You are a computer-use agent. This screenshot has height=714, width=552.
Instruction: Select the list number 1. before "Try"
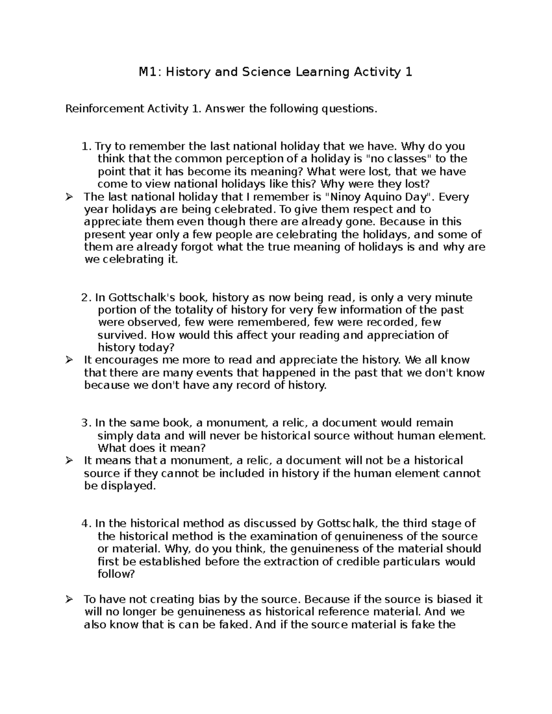(x=86, y=147)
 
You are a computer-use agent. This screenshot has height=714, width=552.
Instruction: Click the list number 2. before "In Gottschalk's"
(x=86, y=297)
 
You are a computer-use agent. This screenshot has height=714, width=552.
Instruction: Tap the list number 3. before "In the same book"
(x=86, y=423)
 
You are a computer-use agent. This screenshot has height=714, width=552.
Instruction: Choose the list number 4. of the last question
(x=86, y=524)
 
